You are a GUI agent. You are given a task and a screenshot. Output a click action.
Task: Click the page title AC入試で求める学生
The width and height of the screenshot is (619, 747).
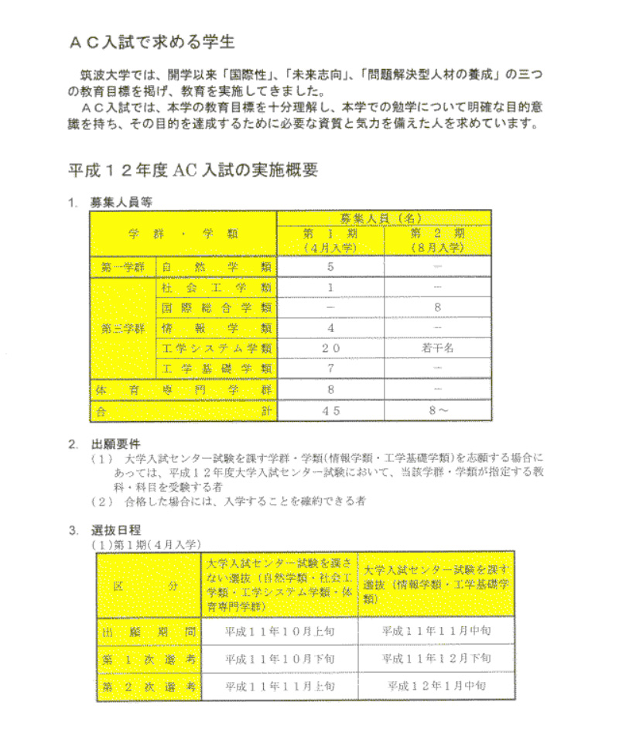152,41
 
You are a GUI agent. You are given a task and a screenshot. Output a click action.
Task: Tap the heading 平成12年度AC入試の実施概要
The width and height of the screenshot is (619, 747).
193,170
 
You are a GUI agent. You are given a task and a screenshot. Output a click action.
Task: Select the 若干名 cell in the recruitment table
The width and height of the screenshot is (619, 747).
437,348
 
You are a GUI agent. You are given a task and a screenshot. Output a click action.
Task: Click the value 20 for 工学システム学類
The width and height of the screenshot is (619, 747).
331,348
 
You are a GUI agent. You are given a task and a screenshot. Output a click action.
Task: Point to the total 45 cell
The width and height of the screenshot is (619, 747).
331,411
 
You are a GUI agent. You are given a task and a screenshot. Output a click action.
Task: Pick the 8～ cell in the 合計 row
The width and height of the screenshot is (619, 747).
437,411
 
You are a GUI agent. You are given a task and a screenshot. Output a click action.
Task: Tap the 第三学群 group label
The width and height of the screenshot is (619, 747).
123,328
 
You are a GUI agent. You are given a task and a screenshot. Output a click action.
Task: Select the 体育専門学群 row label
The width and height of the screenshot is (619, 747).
183,390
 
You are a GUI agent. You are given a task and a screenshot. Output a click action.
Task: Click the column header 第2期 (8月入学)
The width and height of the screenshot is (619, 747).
437,240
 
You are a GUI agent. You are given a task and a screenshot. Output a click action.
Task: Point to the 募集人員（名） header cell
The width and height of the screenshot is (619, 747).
383,218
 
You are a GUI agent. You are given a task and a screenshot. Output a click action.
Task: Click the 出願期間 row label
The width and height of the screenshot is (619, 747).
148,632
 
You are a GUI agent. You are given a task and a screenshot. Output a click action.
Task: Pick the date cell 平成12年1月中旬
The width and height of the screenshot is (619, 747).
436,686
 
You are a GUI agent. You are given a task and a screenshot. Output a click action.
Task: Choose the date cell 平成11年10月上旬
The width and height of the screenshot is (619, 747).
279,632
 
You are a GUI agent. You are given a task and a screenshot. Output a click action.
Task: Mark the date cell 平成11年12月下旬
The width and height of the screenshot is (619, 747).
436,659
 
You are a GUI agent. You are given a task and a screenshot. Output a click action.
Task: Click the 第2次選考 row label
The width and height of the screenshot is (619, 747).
148,686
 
